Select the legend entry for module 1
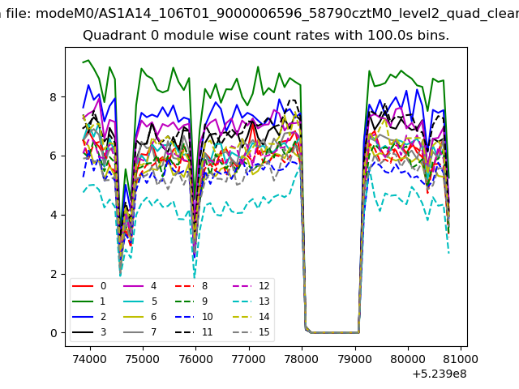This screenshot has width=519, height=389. click(88, 301)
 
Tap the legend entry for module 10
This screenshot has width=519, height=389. click(194, 317)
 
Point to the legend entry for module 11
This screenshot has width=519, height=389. click(194, 332)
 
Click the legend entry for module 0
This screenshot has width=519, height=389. click(88, 286)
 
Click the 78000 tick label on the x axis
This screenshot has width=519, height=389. click(302, 359)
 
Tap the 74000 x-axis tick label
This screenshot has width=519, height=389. click(90, 359)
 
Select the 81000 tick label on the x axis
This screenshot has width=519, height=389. click(461, 359)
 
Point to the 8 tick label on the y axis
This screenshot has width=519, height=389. click(53, 97)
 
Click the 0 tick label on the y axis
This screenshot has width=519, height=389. click(54, 333)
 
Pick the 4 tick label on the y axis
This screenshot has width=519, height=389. click(54, 215)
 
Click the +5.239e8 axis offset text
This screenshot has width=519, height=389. click(440, 374)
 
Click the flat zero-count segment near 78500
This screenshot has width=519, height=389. click(335, 332)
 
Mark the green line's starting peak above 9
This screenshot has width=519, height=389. click(88, 60)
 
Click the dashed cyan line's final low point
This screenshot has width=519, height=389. click(448, 254)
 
